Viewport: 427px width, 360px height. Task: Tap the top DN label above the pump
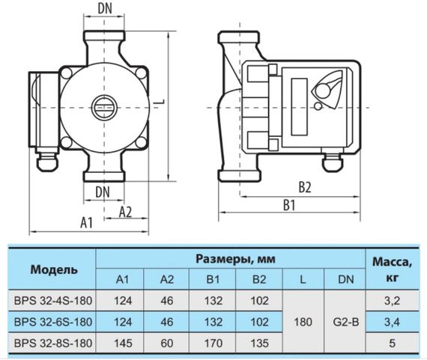(x=106, y=10)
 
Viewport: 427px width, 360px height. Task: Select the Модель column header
(x=51, y=269)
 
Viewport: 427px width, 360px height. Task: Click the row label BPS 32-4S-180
(x=51, y=302)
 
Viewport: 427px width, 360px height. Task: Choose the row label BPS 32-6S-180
(x=51, y=323)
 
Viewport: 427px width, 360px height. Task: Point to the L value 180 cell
(x=301, y=323)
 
